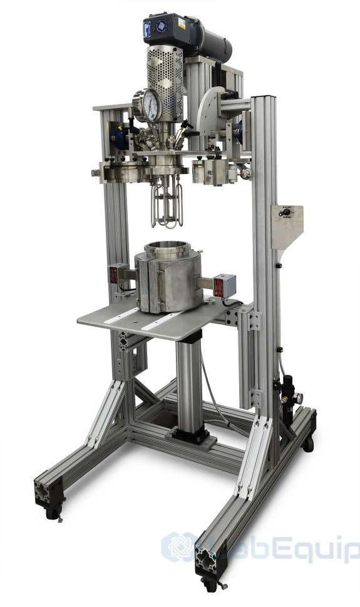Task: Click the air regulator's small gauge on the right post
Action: pos(299,397)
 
